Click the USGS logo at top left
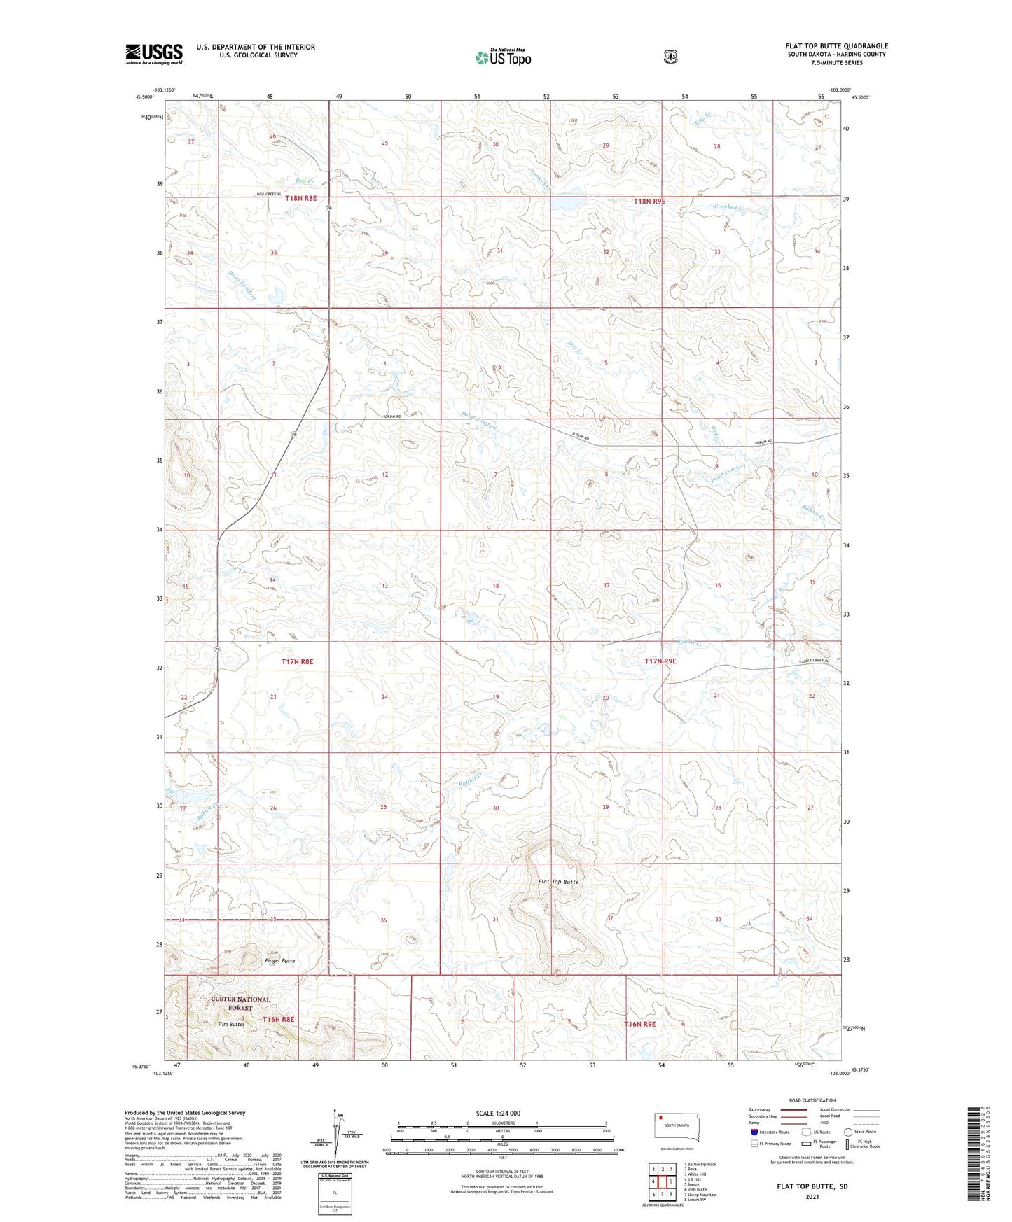click(154, 54)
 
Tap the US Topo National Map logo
click(502, 57)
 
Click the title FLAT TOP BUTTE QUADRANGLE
click(836, 46)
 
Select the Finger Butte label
click(280, 961)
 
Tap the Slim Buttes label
click(231, 1024)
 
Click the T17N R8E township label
click(297, 661)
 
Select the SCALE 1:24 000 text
click(498, 1114)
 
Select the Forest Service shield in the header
click(670, 57)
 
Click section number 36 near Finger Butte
click(383, 920)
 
